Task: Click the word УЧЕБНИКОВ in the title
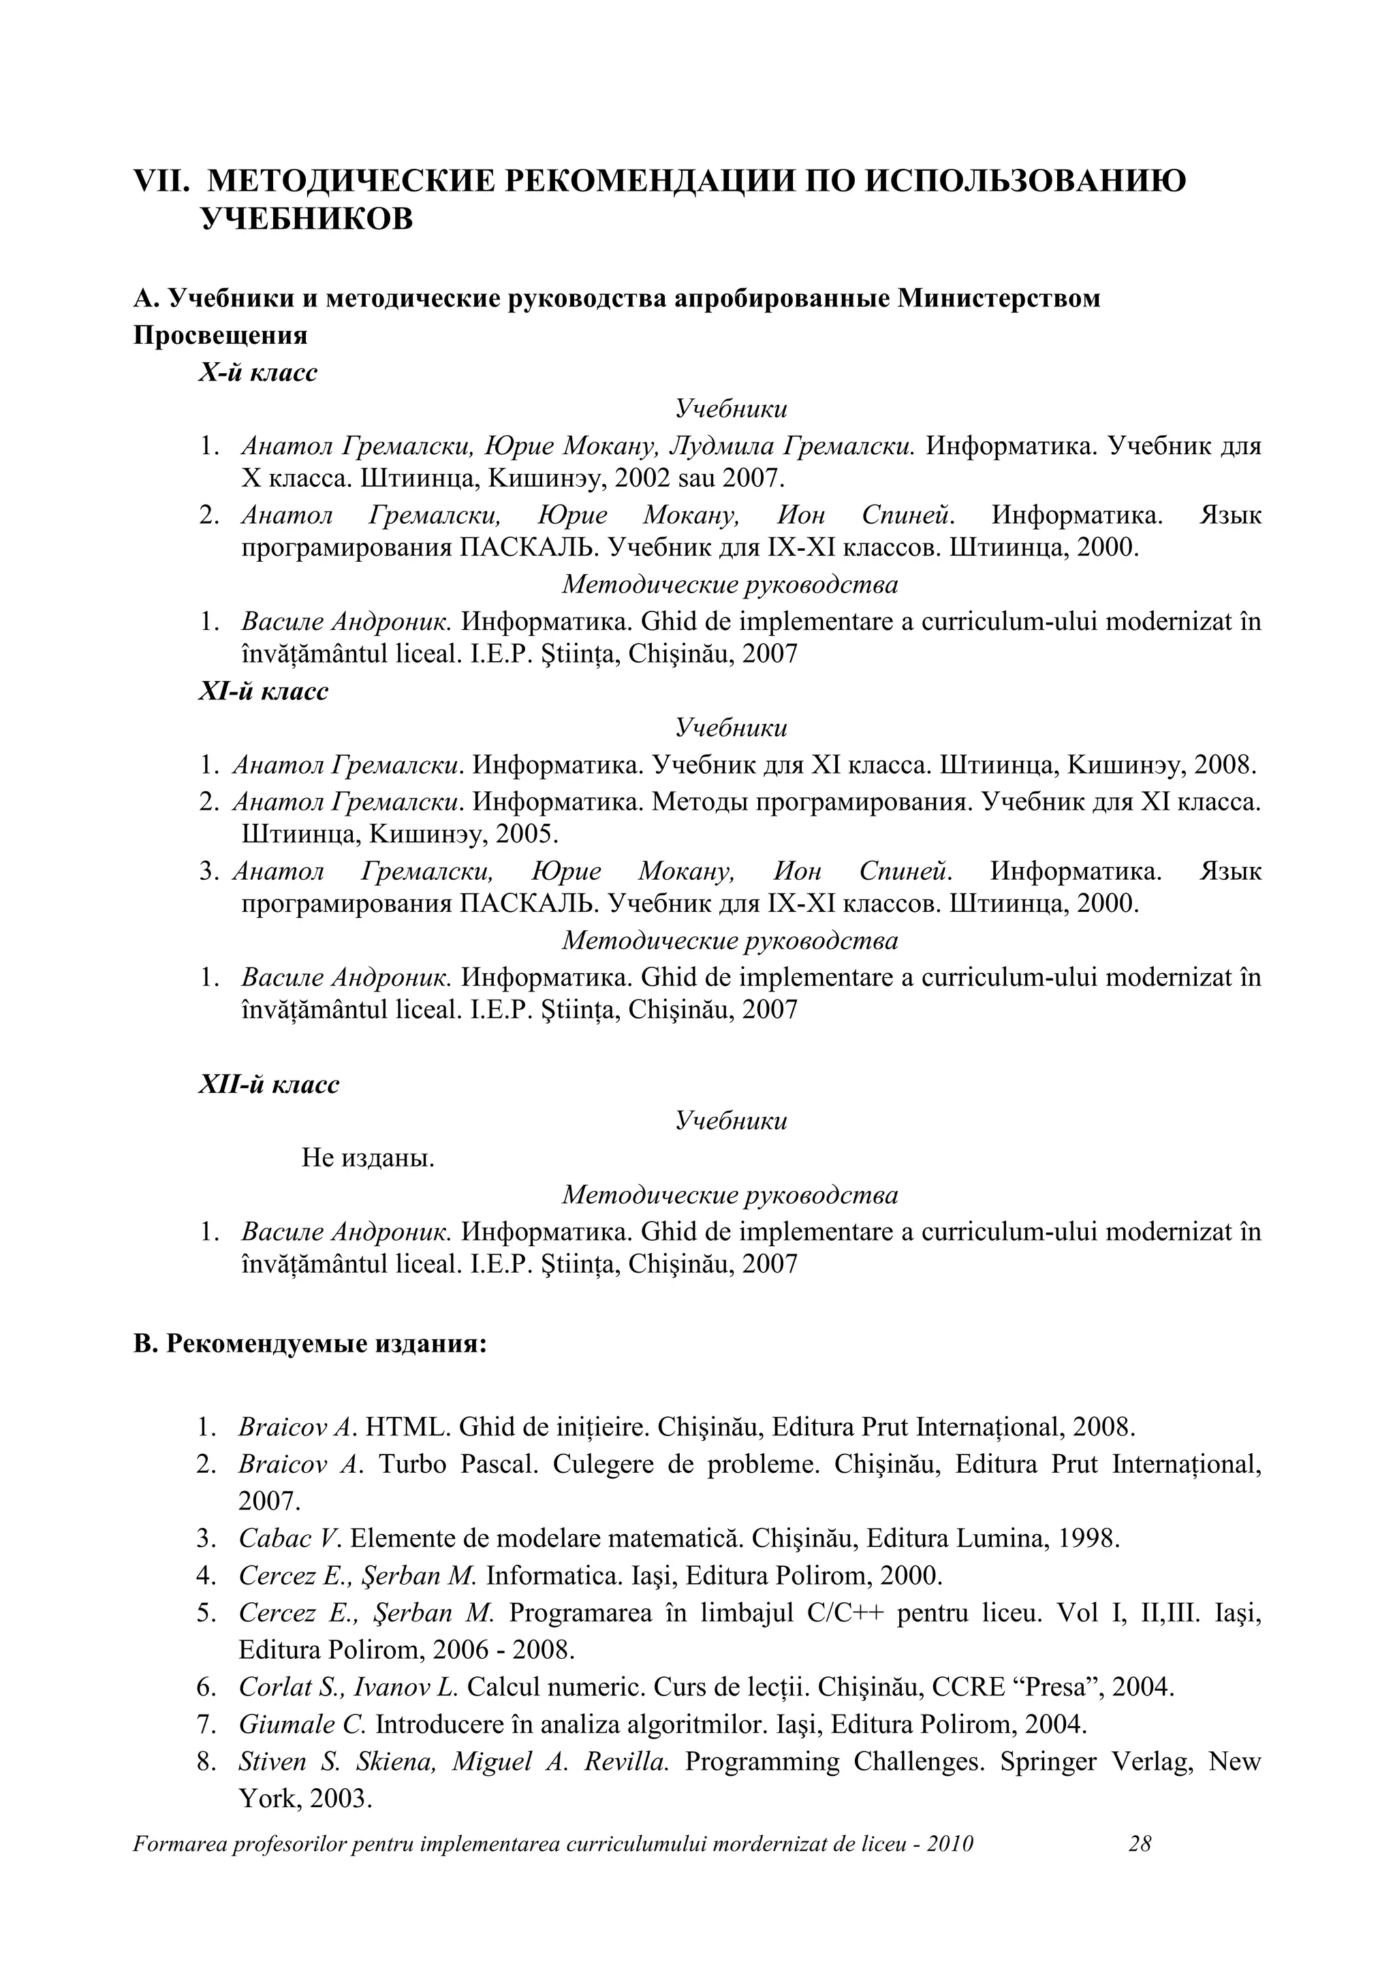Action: (x=307, y=220)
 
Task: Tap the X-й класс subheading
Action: (x=257, y=372)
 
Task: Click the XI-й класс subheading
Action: (x=263, y=691)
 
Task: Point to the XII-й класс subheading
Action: (x=269, y=1085)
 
